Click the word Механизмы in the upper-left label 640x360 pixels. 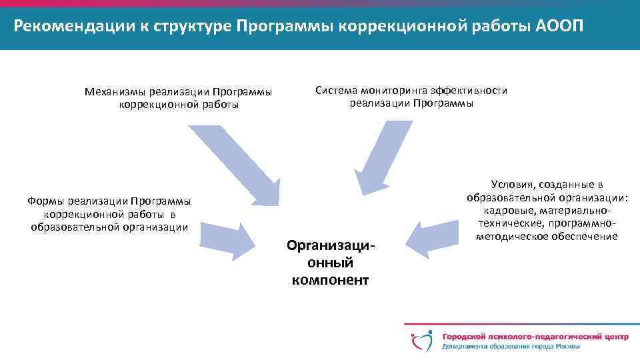tap(115, 92)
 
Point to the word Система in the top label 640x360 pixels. tap(337, 91)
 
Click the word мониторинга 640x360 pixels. tap(394, 91)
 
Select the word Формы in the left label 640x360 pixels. tap(46, 201)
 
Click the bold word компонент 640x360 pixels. tap(330, 280)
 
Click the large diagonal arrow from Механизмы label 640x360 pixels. tap(236, 163)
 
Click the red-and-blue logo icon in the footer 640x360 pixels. tap(421, 341)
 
